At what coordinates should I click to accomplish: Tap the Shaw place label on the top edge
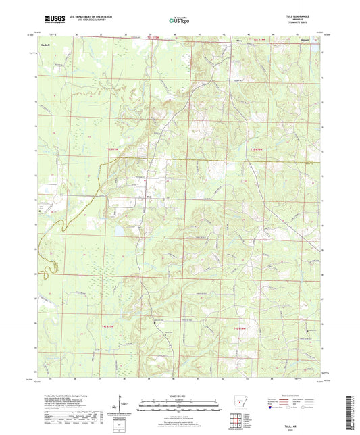(x=238, y=42)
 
